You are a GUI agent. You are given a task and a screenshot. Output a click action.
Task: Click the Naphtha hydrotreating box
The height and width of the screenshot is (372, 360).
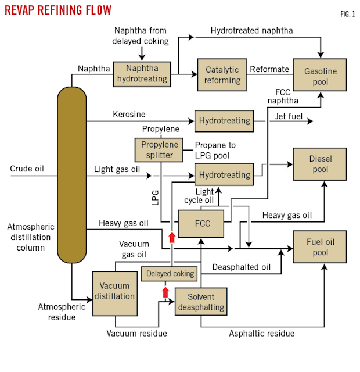[142, 74]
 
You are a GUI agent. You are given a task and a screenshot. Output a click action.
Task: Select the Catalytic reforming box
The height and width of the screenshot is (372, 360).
[222, 74]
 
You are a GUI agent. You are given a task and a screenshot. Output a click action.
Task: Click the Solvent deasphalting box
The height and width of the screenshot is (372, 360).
[200, 302]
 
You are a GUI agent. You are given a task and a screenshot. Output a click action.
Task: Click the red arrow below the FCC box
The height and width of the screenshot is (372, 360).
[171, 237]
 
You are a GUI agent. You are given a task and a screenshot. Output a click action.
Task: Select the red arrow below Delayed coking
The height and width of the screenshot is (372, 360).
[165, 291]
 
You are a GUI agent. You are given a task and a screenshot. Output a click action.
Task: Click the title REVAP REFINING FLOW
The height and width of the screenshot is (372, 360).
[58, 10]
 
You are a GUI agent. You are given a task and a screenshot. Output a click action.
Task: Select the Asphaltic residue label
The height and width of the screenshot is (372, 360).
[261, 333]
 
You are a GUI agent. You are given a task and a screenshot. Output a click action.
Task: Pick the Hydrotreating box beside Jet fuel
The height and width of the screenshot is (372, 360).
[224, 121]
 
